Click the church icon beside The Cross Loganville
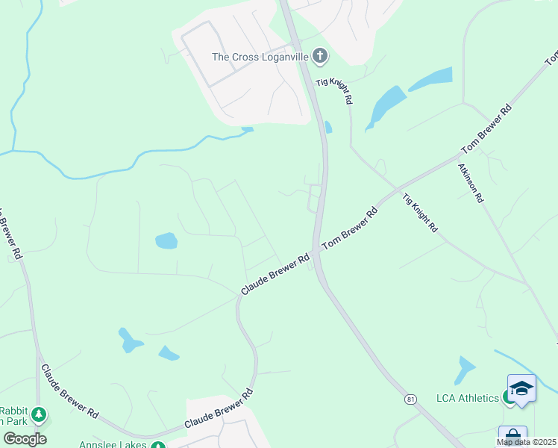pos(320,56)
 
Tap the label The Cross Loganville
pos(260,56)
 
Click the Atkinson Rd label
pos(471,183)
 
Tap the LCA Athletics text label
pos(468,397)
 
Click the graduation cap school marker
pos(521,389)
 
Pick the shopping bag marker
pos(512,435)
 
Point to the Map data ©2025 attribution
pos(527,442)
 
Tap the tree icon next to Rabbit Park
pos(38,414)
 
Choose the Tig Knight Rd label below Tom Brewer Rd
pos(420,213)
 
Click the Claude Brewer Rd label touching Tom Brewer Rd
pos(275,274)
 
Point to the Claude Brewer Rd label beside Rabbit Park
pos(69,391)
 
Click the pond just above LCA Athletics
pos(465,369)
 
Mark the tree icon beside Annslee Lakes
pos(157,446)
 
